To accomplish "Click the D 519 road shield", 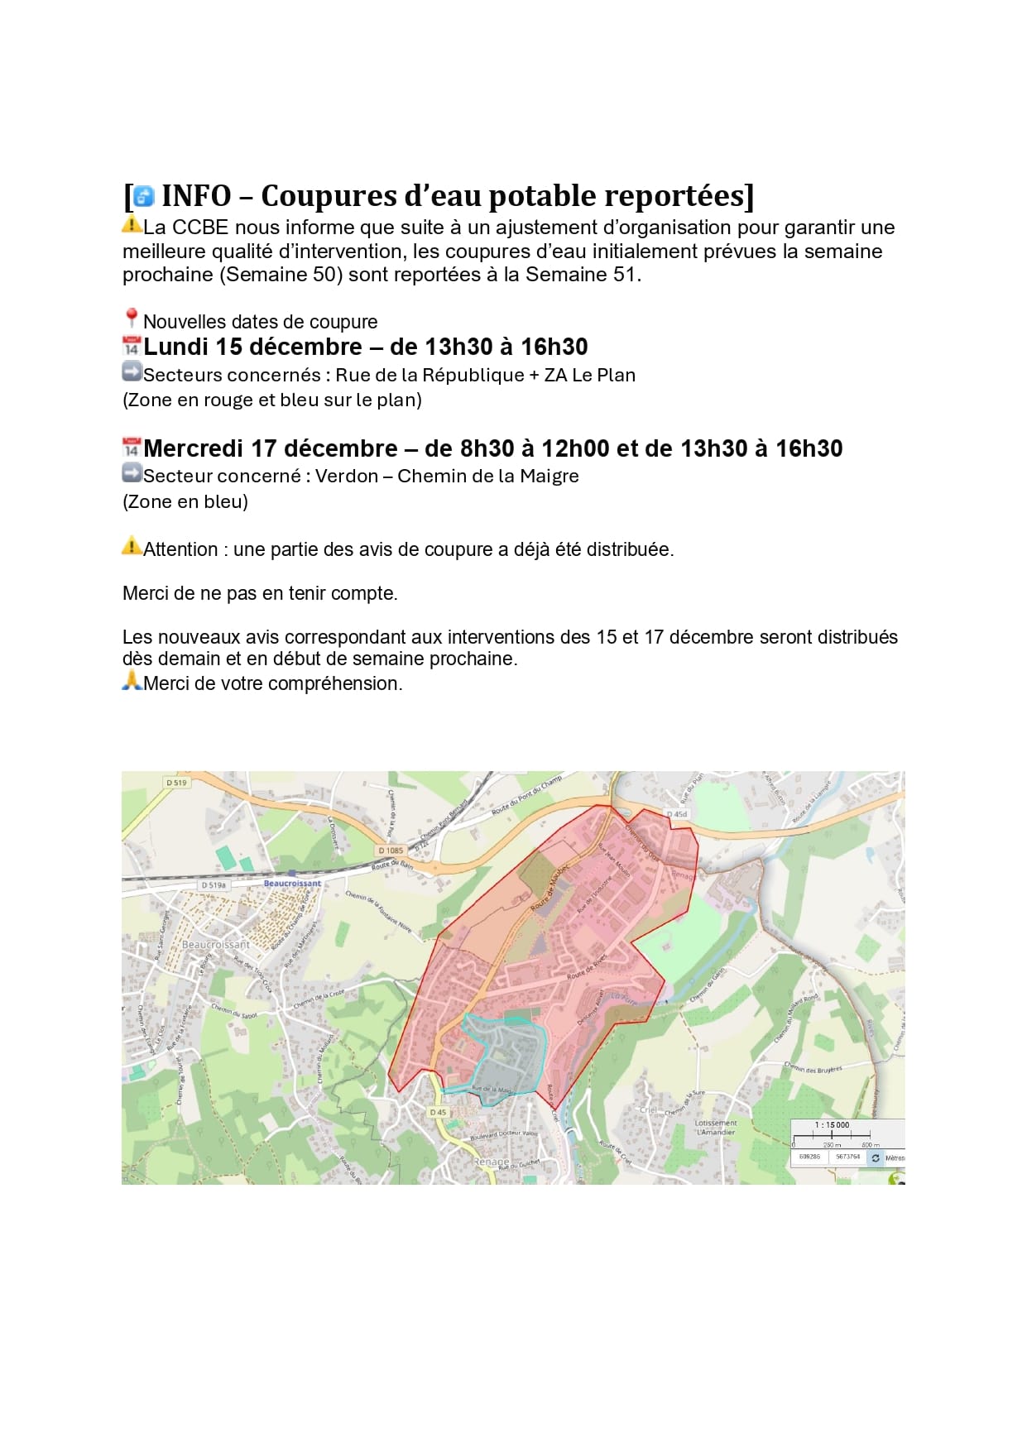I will click(176, 782).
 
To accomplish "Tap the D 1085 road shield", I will click(391, 850).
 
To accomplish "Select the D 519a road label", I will click(214, 884).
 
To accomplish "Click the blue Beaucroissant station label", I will click(292, 883).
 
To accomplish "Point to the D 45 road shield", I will click(438, 1112).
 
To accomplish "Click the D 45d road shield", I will click(677, 814).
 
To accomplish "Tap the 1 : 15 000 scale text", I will click(832, 1124).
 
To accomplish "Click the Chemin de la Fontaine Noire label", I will click(378, 911).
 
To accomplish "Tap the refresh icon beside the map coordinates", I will click(876, 1157).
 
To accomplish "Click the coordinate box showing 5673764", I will click(847, 1157).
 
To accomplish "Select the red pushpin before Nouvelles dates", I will click(131, 319).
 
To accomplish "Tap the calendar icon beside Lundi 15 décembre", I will click(131, 346).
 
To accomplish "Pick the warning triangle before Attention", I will click(131, 546).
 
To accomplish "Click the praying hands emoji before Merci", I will click(131, 681).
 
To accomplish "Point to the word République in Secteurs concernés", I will click(473, 375).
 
